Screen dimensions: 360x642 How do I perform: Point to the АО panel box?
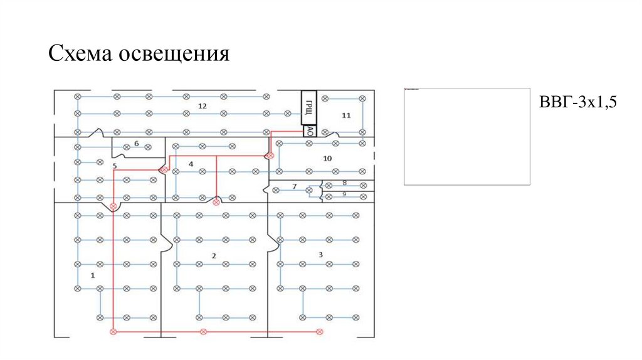(309, 130)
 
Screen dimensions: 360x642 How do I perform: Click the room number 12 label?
(202, 106)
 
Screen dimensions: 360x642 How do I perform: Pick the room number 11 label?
(346, 115)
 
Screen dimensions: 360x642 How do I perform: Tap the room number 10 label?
(327, 159)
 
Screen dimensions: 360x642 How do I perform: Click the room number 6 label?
(136, 144)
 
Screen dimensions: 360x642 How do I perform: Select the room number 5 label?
(115, 166)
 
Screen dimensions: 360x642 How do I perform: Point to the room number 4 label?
(191, 164)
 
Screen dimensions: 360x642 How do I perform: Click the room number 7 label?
(294, 186)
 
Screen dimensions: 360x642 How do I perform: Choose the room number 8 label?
(344, 183)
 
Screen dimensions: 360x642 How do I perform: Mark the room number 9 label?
(344, 194)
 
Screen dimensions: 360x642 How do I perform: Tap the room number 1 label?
(93, 275)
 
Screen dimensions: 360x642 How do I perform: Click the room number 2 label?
(214, 255)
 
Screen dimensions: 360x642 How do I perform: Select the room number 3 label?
(320, 254)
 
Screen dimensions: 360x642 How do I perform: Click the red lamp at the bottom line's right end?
(319, 331)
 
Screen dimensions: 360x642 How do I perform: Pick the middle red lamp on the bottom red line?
(203, 331)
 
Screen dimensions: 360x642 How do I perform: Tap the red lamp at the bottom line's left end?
(113, 331)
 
